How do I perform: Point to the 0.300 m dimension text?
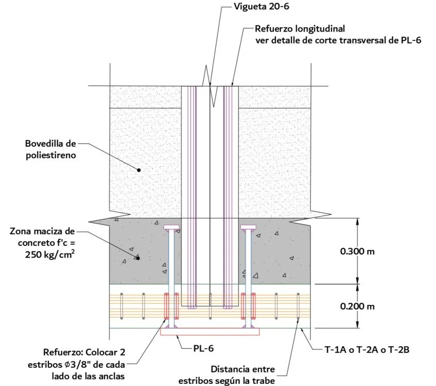357,252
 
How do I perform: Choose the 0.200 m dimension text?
357,306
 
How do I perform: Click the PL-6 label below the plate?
203,348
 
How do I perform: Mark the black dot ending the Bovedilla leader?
139,169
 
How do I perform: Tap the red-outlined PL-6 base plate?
209,332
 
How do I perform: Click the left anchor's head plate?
171,228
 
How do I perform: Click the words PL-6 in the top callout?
411,40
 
